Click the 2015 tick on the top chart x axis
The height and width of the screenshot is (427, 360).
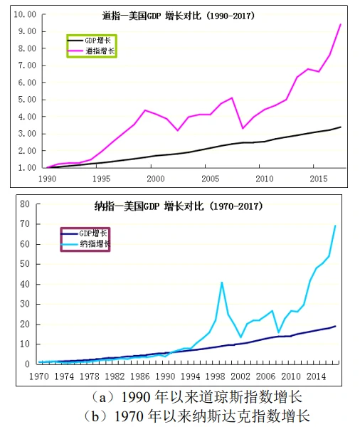coord(318,179)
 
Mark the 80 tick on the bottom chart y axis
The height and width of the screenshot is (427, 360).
coord(23,204)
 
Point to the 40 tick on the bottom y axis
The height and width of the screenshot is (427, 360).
coord(23,284)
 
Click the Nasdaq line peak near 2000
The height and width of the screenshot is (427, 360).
coord(222,283)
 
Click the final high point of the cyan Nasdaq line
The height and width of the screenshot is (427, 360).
coord(335,226)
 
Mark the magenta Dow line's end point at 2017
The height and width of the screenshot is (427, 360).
coord(340,24)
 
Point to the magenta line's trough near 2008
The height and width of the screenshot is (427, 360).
coord(243,128)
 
